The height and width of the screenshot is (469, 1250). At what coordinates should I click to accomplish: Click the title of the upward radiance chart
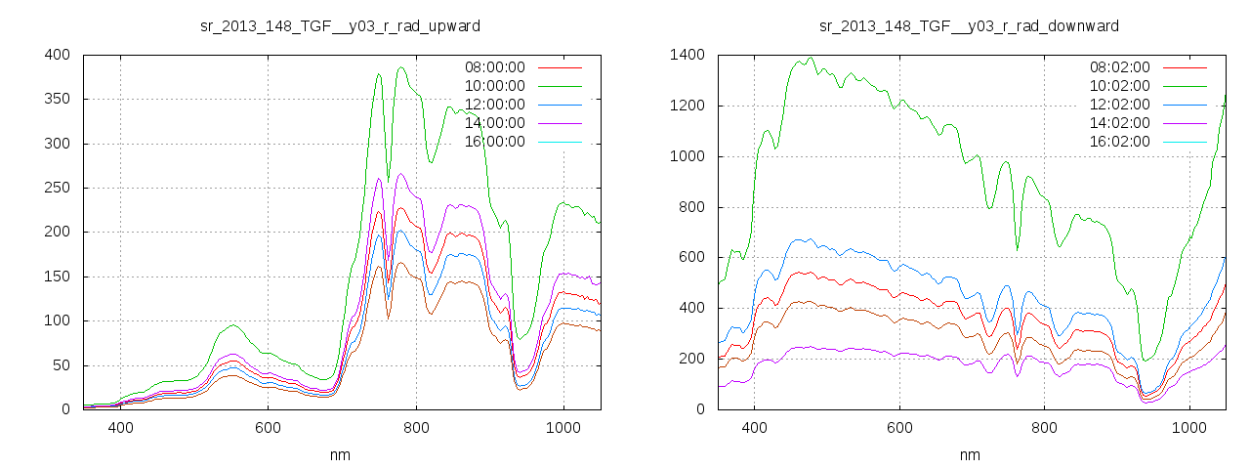[x=340, y=25]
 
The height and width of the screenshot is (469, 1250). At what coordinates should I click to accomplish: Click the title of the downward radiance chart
[x=969, y=25]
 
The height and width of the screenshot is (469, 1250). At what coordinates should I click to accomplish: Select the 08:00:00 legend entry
[x=493, y=67]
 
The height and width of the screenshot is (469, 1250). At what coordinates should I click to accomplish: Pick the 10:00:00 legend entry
[x=493, y=86]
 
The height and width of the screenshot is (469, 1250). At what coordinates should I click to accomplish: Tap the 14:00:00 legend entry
[x=493, y=123]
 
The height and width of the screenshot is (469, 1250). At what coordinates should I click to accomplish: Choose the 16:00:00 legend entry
[x=493, y=142]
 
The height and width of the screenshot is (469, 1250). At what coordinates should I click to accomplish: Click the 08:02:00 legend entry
[x=1119, y=67]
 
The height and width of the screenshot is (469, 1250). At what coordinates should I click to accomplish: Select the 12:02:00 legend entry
[x=1119, y=105]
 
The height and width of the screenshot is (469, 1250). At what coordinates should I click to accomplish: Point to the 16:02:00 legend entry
[x=1119, y=142]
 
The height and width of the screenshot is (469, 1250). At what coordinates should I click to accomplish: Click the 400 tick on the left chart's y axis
[x=57, y=55]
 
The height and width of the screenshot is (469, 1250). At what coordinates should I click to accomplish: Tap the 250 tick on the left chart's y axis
[x=57, y=188]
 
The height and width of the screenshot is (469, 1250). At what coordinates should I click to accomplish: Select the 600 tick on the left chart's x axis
[x=268, y=428]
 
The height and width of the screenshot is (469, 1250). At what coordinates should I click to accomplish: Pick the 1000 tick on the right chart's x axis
[x=1189, y=428]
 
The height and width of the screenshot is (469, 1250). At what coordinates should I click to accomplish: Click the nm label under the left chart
[x=340, y=454]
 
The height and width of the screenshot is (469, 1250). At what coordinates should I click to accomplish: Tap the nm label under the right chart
[x=969, y=454]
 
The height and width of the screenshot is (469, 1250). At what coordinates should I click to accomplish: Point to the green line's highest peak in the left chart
[x=401, y=67]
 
